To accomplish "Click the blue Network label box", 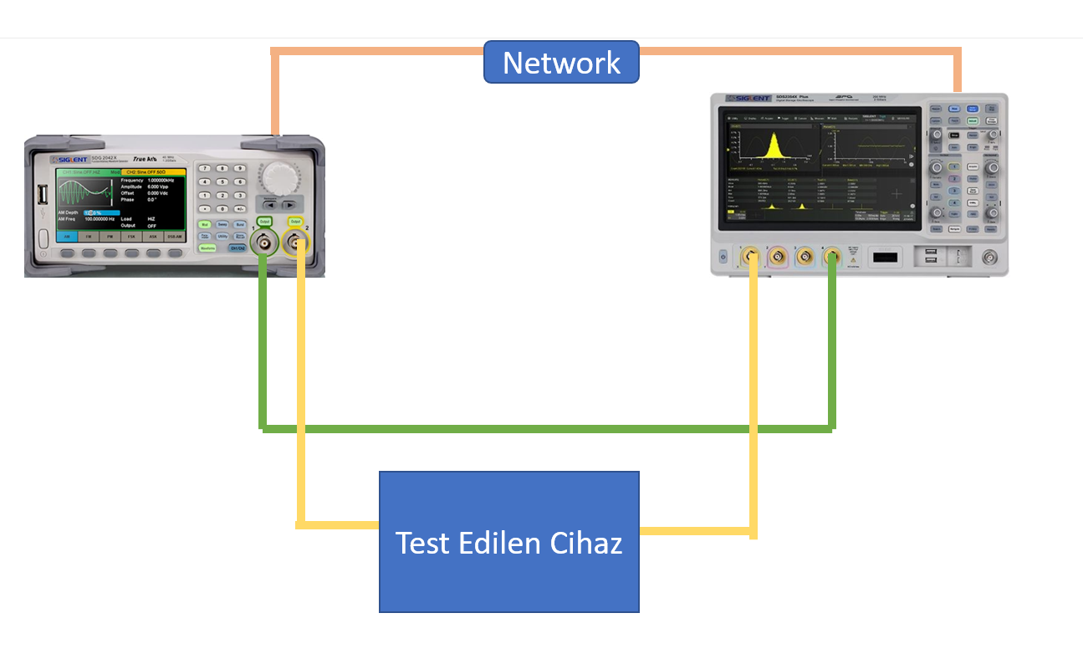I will coord(561,63).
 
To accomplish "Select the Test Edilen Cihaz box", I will coord(508,542).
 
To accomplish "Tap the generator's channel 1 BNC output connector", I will coord(264,244).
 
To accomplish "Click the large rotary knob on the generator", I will coord(279,177).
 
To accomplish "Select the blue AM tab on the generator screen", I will coord(67,237).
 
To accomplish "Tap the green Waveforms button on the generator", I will coord(207,248).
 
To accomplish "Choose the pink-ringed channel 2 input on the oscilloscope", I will coord(779,256).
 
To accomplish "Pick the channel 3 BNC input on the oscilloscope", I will coord(805,256).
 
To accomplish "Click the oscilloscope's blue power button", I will coord(723,256).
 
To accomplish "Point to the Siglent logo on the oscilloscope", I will coord(748,98).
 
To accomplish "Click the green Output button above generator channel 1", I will coord(264,222).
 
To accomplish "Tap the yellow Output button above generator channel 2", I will coord(295,222).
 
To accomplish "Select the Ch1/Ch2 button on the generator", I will coord(238,248).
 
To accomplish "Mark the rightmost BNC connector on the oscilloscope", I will coord(990,257).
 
